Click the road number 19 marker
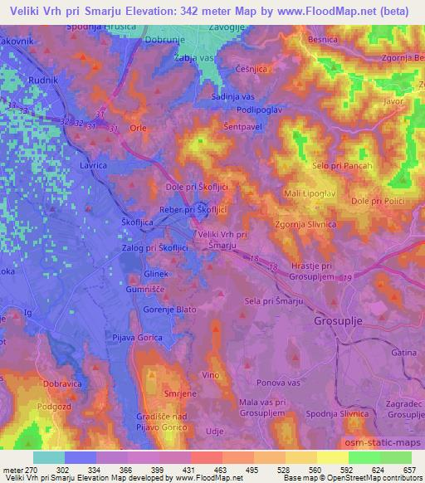pyautogui.click(x=347, y=276)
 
